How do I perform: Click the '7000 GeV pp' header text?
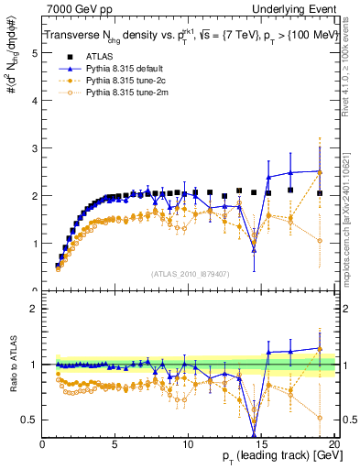76,9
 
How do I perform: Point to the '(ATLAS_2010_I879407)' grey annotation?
191,272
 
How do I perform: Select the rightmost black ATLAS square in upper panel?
320,193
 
